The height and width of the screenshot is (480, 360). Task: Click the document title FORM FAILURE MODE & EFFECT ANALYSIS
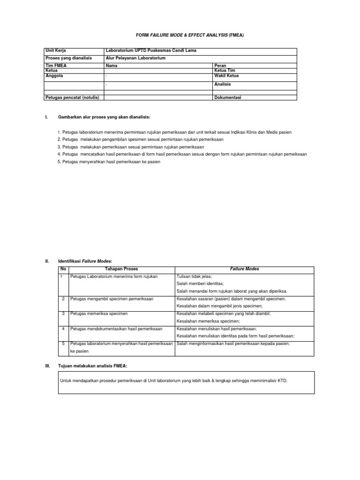click(190, 35)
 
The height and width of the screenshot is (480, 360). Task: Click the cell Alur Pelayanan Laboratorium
click(135, 58)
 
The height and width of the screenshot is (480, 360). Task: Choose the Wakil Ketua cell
click(226, 75)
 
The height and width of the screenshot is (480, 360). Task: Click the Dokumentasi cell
click(227, 97)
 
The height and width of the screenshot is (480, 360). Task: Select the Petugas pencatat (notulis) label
click(73, 97)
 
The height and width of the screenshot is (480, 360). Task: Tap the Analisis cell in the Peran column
click(222, 84)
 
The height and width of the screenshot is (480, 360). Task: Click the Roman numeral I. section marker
click(46, 116)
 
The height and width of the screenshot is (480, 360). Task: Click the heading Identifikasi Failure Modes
click(85, 261)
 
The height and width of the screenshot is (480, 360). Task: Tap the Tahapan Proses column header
click(121, 269)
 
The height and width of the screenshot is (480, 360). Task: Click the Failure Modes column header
click(244, 269)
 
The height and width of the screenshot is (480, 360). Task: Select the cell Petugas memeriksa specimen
click(98, 314)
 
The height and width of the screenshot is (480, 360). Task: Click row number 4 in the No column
click(63, 329)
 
